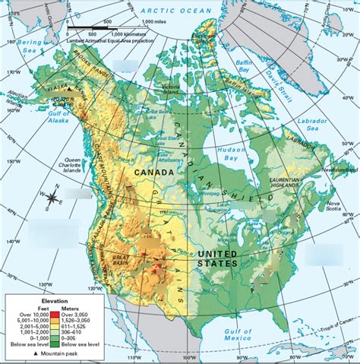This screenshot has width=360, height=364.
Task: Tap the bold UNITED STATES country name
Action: [x=217, y=258]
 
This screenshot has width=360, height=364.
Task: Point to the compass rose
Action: [x=52, y=197]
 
